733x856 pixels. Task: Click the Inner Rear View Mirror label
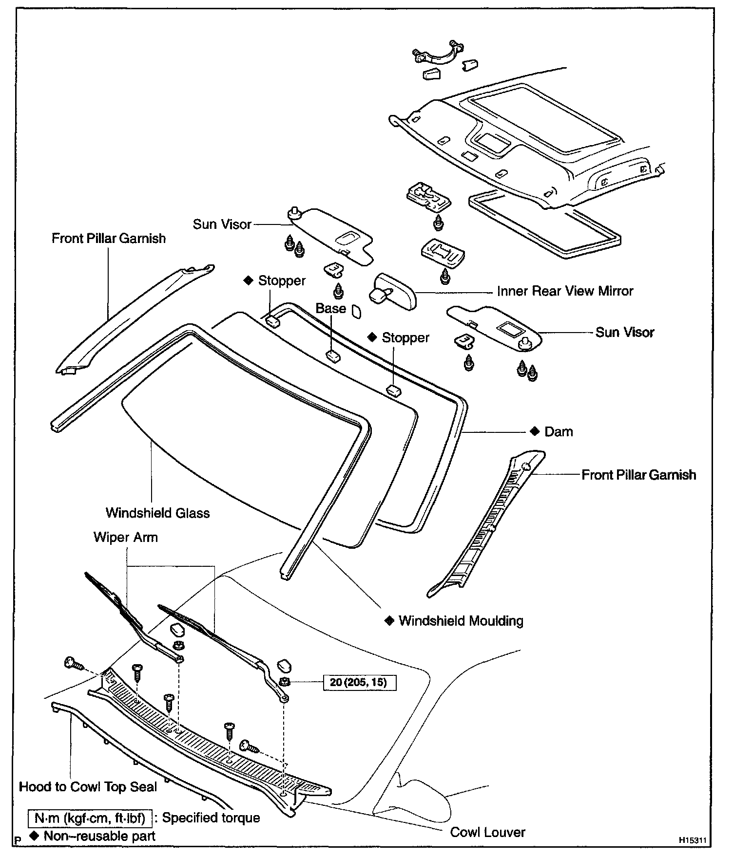coord(565,291)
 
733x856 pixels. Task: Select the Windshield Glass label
coord(157,513)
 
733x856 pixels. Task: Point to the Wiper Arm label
coord(126,538)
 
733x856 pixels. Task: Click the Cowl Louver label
coord(487,832)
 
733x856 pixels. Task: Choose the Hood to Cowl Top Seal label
coord(88,787)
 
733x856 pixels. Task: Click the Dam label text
coord(559,432)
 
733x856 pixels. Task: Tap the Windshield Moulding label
coord(461,621)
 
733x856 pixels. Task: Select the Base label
coord(331,308)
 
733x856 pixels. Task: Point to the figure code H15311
coord(692,841)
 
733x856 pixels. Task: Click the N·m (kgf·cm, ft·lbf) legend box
coord(90,818)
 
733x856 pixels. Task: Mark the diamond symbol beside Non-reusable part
coord(34,836)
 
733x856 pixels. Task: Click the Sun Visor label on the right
coord(625,333)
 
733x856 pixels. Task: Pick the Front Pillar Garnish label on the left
coord(109,239)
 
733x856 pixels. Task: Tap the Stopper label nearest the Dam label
coord(405,337)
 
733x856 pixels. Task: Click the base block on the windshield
coord(333,356)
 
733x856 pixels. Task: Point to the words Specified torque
coord(211,818)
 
